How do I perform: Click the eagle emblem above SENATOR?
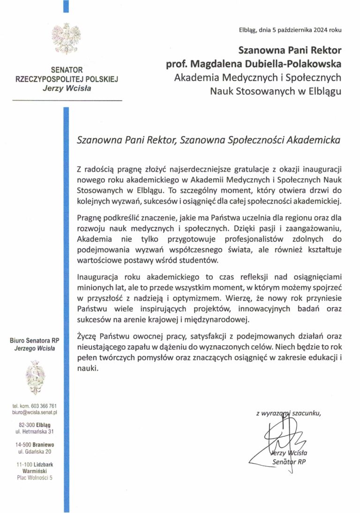(66, 39)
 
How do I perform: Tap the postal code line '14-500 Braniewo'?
(35, 445)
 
